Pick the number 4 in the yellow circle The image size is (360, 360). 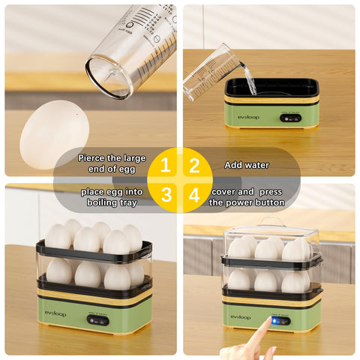click(x=194, y=195)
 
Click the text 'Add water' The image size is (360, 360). click(x=246, y=164)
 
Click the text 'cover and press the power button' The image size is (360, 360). click(x=247, y=196)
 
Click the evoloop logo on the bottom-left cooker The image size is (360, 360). click(x=55, y=313)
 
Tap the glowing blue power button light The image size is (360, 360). click(x=274, y=319)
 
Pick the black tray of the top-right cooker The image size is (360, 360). click(x=271, y=88)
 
